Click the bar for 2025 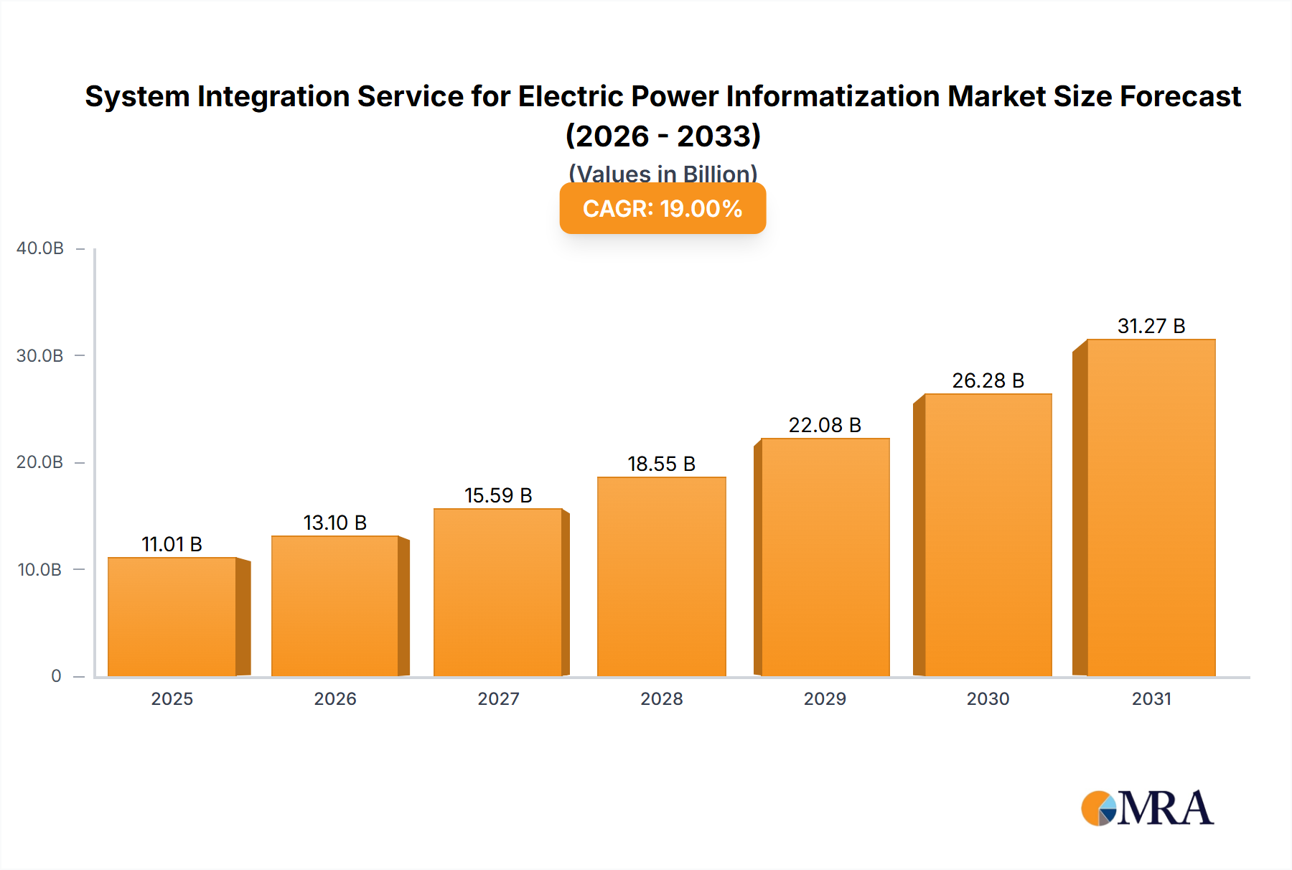pos(172,617)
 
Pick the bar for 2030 pos(988,535)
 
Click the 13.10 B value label pos(335,523)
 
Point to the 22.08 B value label pos(825,425)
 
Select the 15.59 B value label pos(498,495)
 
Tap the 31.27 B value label pos(1151,326)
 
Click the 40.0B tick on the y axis pos(40,248)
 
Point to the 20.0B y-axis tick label pos(40,462)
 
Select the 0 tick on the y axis pos(56,676)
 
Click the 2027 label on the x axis pos(498,698)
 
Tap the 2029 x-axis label pos(825,698)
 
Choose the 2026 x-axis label pos(335,698)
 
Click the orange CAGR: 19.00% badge pos(663,209)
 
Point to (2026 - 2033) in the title pos(663,136)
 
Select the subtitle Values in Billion pos(663,173)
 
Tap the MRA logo pos(1147,808)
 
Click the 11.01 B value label pos(172,544)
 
